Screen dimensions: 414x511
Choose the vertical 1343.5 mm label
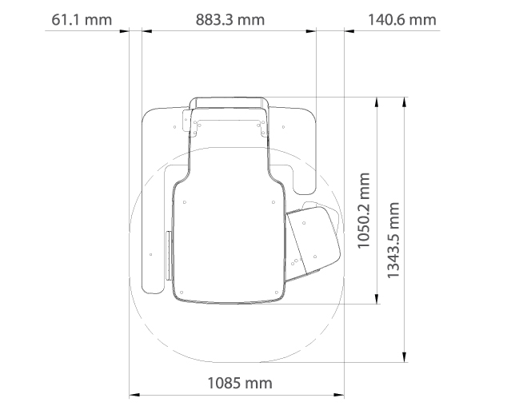tap(393, 240)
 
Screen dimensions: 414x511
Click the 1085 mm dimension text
tap(239, 383)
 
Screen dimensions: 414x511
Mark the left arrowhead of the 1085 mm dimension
tap(134, 394)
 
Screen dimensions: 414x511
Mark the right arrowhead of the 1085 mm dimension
tap(341, 394)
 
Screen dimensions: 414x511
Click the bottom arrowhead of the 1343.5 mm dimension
tap(405, 357)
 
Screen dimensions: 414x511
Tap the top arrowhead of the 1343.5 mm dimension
tap(405, 101)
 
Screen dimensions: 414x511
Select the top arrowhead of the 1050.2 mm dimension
tap(377, 101)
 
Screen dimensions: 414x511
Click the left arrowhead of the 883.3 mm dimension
tap(145, 31)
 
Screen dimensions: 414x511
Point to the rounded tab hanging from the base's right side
tap(306, 180)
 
